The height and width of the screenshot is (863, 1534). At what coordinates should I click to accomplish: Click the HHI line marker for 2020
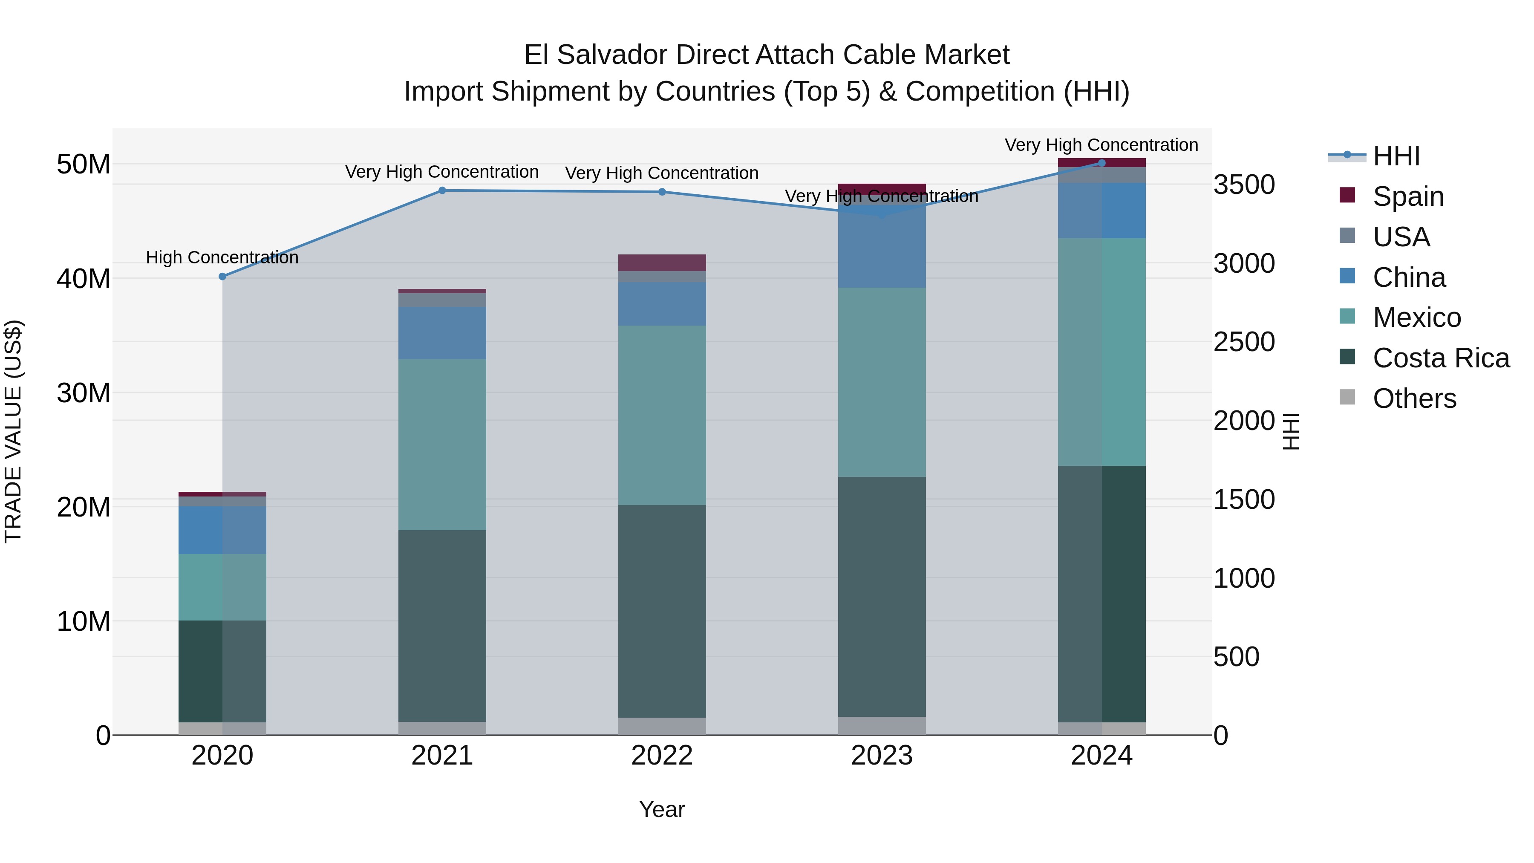tap(223, 276)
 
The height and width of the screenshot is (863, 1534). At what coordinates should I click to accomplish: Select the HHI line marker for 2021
tap(442, 190)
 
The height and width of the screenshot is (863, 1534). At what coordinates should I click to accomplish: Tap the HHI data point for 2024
tap(1101, 163)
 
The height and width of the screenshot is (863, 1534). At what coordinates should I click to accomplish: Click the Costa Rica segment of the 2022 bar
tap(662, 611)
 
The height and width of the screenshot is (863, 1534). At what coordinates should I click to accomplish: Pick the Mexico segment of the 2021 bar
tap(442, 444)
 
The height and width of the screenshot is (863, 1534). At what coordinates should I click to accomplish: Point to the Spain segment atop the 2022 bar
tap(662, 263)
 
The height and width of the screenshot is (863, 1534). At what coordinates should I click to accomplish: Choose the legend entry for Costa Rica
tap(1441, 358)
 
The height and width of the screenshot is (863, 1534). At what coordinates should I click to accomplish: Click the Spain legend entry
tap(1408, 196)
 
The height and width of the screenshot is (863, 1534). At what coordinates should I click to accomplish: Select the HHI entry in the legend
tap(1396, 156)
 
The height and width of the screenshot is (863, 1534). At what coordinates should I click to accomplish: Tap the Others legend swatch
tap(1347, 397)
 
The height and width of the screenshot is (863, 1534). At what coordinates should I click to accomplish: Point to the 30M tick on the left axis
tap(84, 393)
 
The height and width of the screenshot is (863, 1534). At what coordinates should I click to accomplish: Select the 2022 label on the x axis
tap(662, 756)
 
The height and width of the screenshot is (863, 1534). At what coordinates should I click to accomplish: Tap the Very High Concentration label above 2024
tap(1101, 145)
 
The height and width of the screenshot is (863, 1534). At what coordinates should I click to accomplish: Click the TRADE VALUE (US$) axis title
tap(13, 431)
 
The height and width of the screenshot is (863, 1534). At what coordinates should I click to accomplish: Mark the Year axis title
tap(662, 809)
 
